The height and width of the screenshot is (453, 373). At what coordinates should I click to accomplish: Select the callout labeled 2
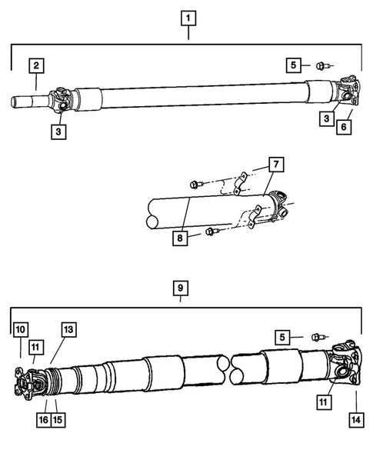[x=36, y=66]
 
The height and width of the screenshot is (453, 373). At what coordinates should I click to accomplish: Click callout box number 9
[x=179, y=289]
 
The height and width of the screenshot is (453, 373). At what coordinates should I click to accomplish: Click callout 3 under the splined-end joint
[x=60, y=132]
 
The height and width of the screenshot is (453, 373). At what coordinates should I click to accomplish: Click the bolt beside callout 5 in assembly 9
[x=317, y=337]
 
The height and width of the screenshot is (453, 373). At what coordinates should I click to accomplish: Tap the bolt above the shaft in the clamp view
[x=195, y=183]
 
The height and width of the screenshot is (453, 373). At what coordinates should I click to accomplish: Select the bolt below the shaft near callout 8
[x=211, y=231]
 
